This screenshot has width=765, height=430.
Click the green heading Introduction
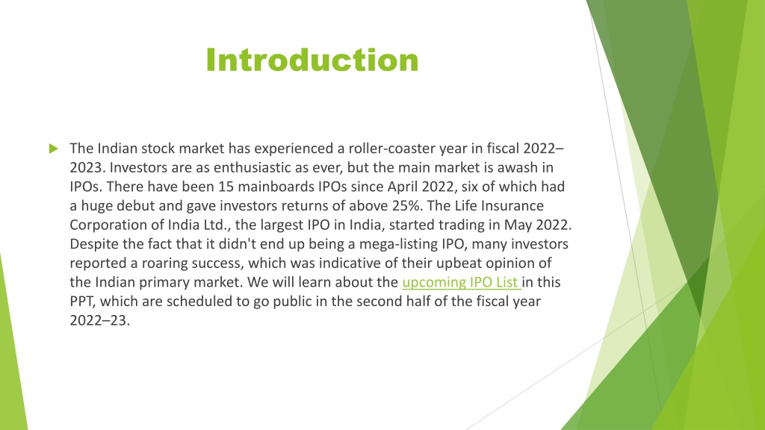(x=312, y=60)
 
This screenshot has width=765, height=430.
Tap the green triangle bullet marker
(x=52, y=148)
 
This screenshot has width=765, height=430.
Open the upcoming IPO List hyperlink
(x=461, y=282)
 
